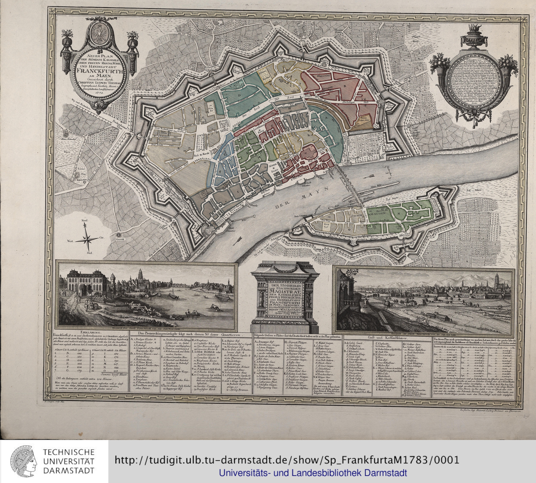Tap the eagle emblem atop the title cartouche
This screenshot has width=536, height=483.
(x=99, y=32)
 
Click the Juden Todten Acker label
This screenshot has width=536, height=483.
(x=364, y=118)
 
